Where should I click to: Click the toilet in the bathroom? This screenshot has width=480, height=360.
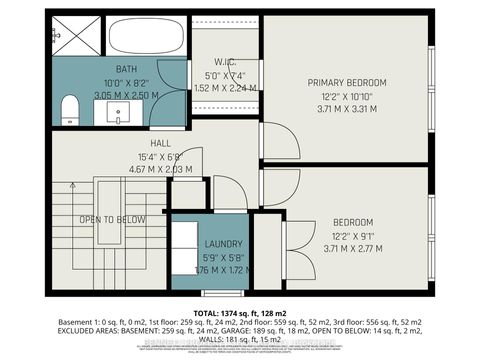coord(69,108)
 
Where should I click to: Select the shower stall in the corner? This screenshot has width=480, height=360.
coord(76,36)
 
